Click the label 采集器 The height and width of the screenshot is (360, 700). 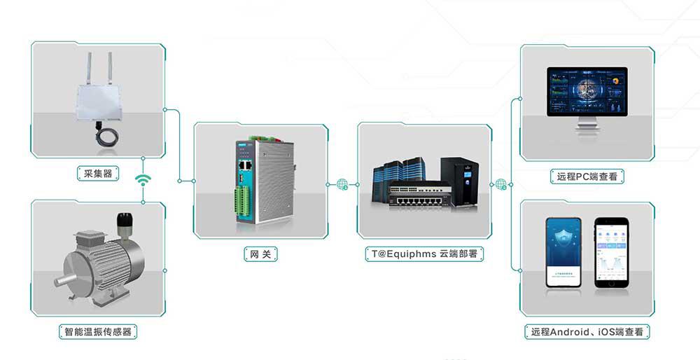(98, 173)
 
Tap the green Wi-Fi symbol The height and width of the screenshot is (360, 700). (143, 180)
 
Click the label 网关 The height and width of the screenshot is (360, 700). (260, 254)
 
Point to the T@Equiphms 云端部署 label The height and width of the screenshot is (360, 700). (423, 254)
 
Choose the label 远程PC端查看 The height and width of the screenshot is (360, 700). (587, 177)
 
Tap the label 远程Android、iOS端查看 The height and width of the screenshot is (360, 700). (587, 331)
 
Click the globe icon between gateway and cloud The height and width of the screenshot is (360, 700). (342, 184)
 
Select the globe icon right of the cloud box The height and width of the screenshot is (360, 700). (501, 185)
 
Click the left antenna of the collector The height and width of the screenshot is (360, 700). (90, 67)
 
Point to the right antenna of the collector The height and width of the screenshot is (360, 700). (109, 67)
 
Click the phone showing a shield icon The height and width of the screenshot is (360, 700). (564, 252)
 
